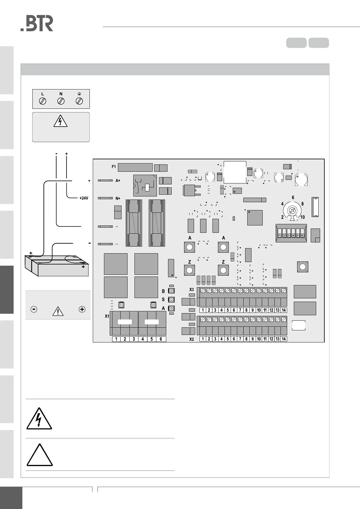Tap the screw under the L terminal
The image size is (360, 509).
pyautogui.click(x=43, y=101)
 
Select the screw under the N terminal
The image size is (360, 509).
pyautogui.click(x=61, y=101)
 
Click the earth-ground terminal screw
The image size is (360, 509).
pyautogui.click(x=79, y=101)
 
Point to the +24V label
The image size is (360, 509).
pyautogui.click(x=84, y=198)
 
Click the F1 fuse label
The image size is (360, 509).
pyautogui.click(x=114, y=167)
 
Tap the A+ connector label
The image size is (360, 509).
pyautogui.click(x=118, y=180)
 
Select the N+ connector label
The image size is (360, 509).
pyautogui.click(x=118, y=198)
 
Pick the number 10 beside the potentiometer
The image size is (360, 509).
pyautogui.click(x=303, y=217)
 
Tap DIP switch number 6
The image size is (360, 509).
pyautogui.click(x=302, y=235)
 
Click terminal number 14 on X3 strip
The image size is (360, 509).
pyautogui.click(x=284, y=310)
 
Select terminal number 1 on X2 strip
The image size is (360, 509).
pyautogui.click(x=203, y=339)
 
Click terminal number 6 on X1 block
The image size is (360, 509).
pyautogui.click(x=161, y=339)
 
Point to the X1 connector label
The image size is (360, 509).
pyautogui.click(x=107, y=316)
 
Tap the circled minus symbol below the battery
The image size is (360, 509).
pyautogui.click(x=34, y=309)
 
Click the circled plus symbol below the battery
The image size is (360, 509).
pyautogui.click(x=82, y=309)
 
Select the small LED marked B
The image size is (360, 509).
pyautogui.click(x=171, y=291)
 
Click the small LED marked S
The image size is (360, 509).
pyautogui.click(x=171, y=300)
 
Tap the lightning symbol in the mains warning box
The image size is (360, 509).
pyautogui.click(x=60, y=122)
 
